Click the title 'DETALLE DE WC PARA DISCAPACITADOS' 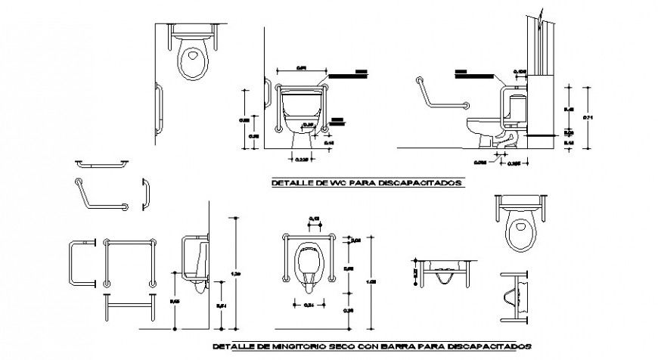(x=368, y=182)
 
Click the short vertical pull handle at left (x=144, y=193)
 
